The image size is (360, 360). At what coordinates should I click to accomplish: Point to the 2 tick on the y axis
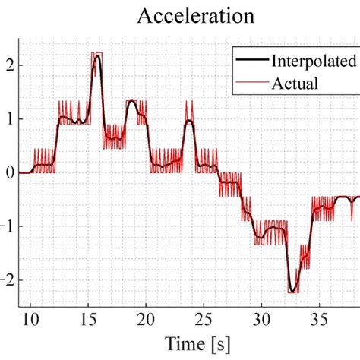(x=9, y=65)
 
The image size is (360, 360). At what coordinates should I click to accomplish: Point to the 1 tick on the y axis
(x=9, y=119)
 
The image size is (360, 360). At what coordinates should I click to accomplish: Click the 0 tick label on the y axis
(x=9, y=173)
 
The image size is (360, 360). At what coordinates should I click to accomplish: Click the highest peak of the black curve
(x=96, y=56)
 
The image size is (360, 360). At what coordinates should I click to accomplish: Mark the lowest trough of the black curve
(x=292, y=291)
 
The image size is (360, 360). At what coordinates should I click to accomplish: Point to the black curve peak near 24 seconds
(x=189, y=122)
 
